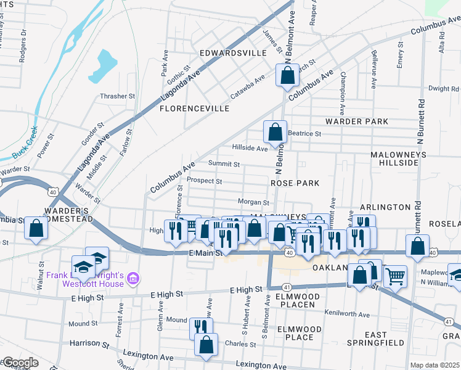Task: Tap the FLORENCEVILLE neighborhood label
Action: pos(194,109)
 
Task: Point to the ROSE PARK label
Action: pos(295,183)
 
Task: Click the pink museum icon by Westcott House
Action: pos(131,280)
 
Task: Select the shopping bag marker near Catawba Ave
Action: pos(287,76)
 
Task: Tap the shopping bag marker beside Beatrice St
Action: pos(275,132)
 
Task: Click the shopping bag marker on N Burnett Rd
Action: pos(418,246)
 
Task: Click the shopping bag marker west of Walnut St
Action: pos(36,228)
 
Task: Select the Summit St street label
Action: pos(224,164)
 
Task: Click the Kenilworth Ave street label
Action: pos(348,314)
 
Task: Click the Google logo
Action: pos(20,363)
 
